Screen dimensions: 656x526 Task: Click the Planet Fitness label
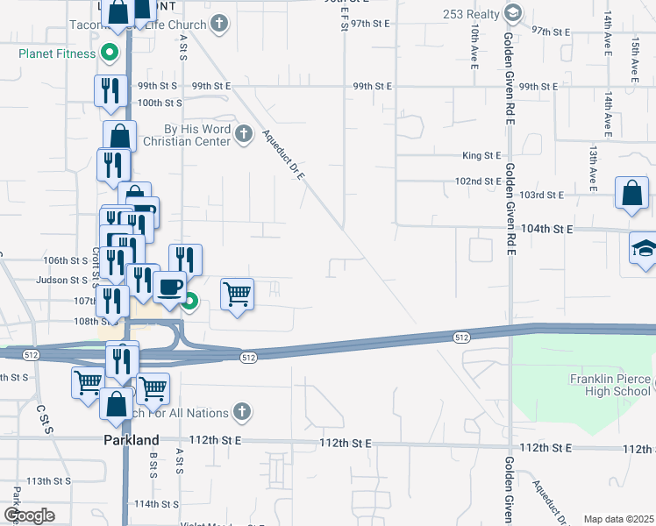(56, 53)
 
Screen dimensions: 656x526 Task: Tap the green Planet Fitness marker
(110, 53)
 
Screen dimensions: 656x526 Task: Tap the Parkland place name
(132, 440)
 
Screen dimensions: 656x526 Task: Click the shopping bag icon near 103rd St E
(631, 192)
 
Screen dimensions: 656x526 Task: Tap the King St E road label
(481, 156)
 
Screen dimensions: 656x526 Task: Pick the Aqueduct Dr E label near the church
(282, 154)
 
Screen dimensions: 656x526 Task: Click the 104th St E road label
(546, 228)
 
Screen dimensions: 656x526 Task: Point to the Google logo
(29, 515)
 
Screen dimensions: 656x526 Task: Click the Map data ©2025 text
(618, 519)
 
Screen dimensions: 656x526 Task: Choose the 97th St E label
(552, 32)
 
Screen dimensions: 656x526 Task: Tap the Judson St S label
(61, 281)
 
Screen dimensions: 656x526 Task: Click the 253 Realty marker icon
(513, 13)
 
